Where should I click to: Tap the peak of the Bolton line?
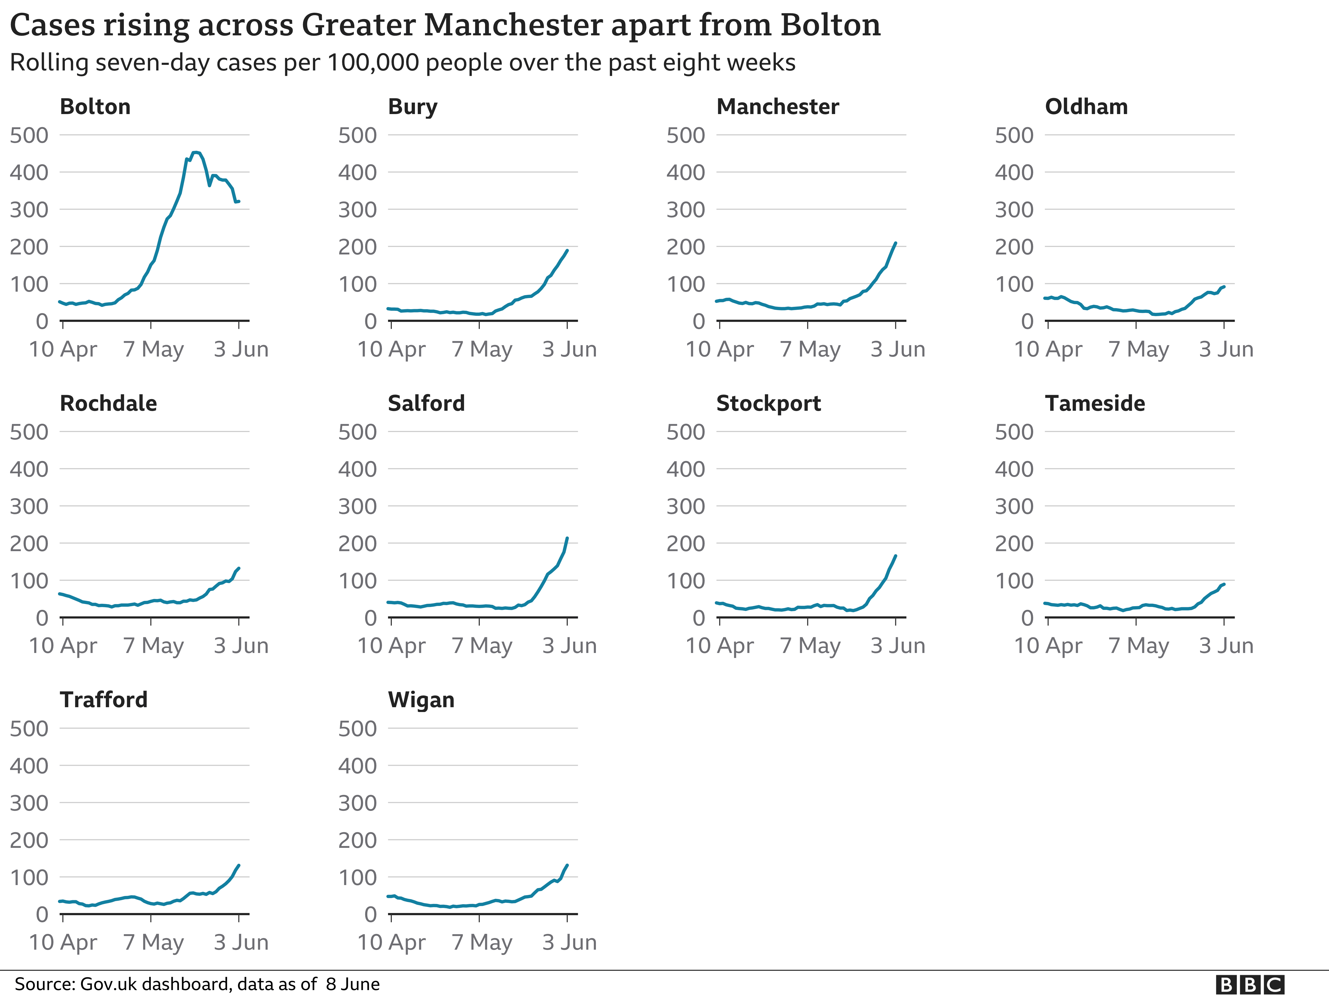point(195,153)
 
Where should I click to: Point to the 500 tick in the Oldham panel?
point(1014,135)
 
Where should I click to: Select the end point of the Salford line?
point(567,538)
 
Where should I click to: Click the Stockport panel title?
point(768,403)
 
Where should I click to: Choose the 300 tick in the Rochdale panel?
point(29,506)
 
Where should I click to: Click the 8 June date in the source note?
point(353,985)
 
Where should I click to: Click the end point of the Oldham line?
point(1224,287)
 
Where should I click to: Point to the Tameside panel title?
point(1095,403)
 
